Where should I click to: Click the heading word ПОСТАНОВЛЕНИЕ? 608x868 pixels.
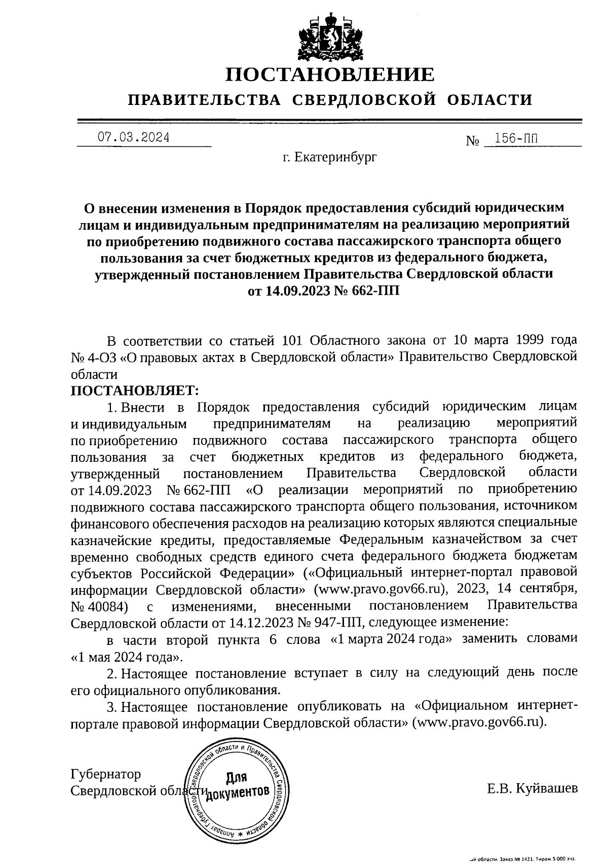point(330,75)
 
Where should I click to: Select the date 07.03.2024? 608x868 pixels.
point(133,137)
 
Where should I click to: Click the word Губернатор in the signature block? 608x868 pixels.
point(106,774)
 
